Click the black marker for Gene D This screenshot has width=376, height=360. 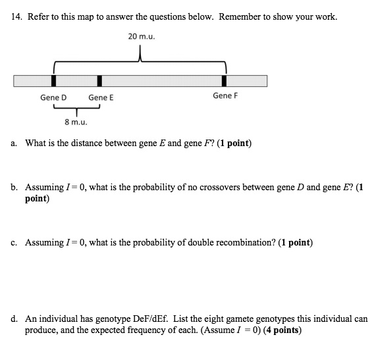click(54, 81)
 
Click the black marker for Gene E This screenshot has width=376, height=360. click(99, 81)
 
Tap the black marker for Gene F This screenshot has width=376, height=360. click(225, 81)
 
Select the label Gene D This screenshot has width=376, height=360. click(53, 97)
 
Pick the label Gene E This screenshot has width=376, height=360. click(101, 97)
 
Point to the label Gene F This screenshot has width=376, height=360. click(225, 95)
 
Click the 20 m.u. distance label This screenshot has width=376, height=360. click(142, 36)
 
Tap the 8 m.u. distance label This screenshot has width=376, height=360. click(76, 122)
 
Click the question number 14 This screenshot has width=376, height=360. click(16, 16)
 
